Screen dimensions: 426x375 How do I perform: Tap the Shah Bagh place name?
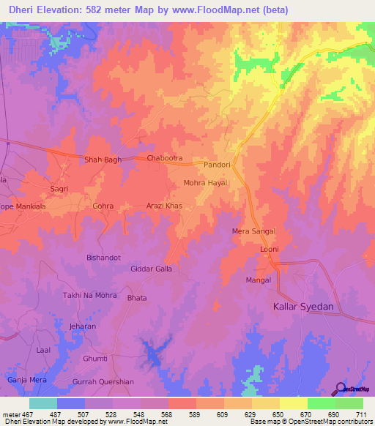103,160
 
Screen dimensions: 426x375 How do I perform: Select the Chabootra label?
164,158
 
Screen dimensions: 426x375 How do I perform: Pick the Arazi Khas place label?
164,206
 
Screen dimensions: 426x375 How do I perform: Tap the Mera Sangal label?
253,231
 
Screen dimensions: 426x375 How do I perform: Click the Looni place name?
270,250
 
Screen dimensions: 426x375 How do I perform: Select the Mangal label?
259,280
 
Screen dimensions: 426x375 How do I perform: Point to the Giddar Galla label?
151,269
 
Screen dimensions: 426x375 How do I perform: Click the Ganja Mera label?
26,380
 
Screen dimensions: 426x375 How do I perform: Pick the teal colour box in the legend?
43,403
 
